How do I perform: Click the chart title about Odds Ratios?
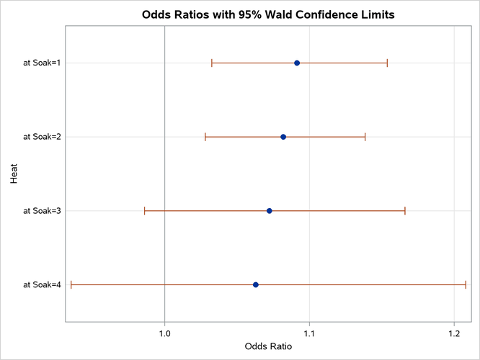click(x=268, y=14)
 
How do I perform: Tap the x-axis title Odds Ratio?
click(x=268, y=346)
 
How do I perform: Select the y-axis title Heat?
click(x=14, y=174)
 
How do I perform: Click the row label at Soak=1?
click(x=42, y=63)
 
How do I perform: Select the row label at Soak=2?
click(x=42, y=137)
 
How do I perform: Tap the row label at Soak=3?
click(x=42, y=211)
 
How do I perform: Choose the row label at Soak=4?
click(x=42, y=285)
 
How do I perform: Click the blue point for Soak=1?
click(x=297, y=63)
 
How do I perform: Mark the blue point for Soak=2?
click(x=283, y=137)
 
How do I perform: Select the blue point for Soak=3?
click(x=270, y=211)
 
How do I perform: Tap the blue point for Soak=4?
click(x=256, y=285)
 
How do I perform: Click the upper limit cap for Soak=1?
click(x=387, y=63)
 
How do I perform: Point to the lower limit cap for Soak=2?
click(x=205, y=137)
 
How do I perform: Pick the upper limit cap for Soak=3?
click(x=405, y=211)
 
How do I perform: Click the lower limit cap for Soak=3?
click(x=145, y=211)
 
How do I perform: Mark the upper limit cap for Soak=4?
click(x=466, y=285)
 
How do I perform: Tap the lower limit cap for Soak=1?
click(x=212, y=63)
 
